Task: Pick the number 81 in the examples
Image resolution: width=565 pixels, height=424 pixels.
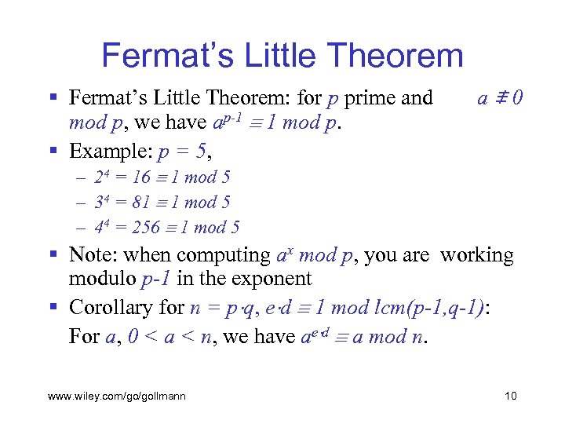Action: pos(142,203)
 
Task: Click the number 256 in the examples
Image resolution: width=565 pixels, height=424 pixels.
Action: pos(147,228)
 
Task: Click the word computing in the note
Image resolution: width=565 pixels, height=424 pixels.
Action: pos(224,255)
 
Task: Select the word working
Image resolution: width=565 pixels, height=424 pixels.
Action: pos(476,255)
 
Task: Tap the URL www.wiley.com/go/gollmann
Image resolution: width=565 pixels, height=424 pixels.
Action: pos(117,396)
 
